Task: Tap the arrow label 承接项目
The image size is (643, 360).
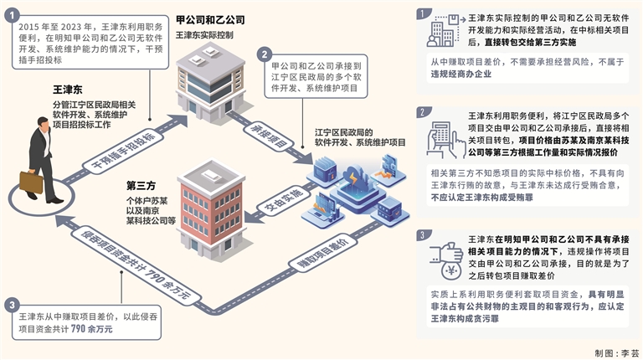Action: pos(265,139)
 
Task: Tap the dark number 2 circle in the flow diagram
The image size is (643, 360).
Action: pos(265,53)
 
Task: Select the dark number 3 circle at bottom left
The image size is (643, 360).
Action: pos(10,304)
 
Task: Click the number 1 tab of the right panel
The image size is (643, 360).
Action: pos(425,13)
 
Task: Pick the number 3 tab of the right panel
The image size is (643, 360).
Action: pos(425,234)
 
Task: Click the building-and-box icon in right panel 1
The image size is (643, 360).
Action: pos(443,34)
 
